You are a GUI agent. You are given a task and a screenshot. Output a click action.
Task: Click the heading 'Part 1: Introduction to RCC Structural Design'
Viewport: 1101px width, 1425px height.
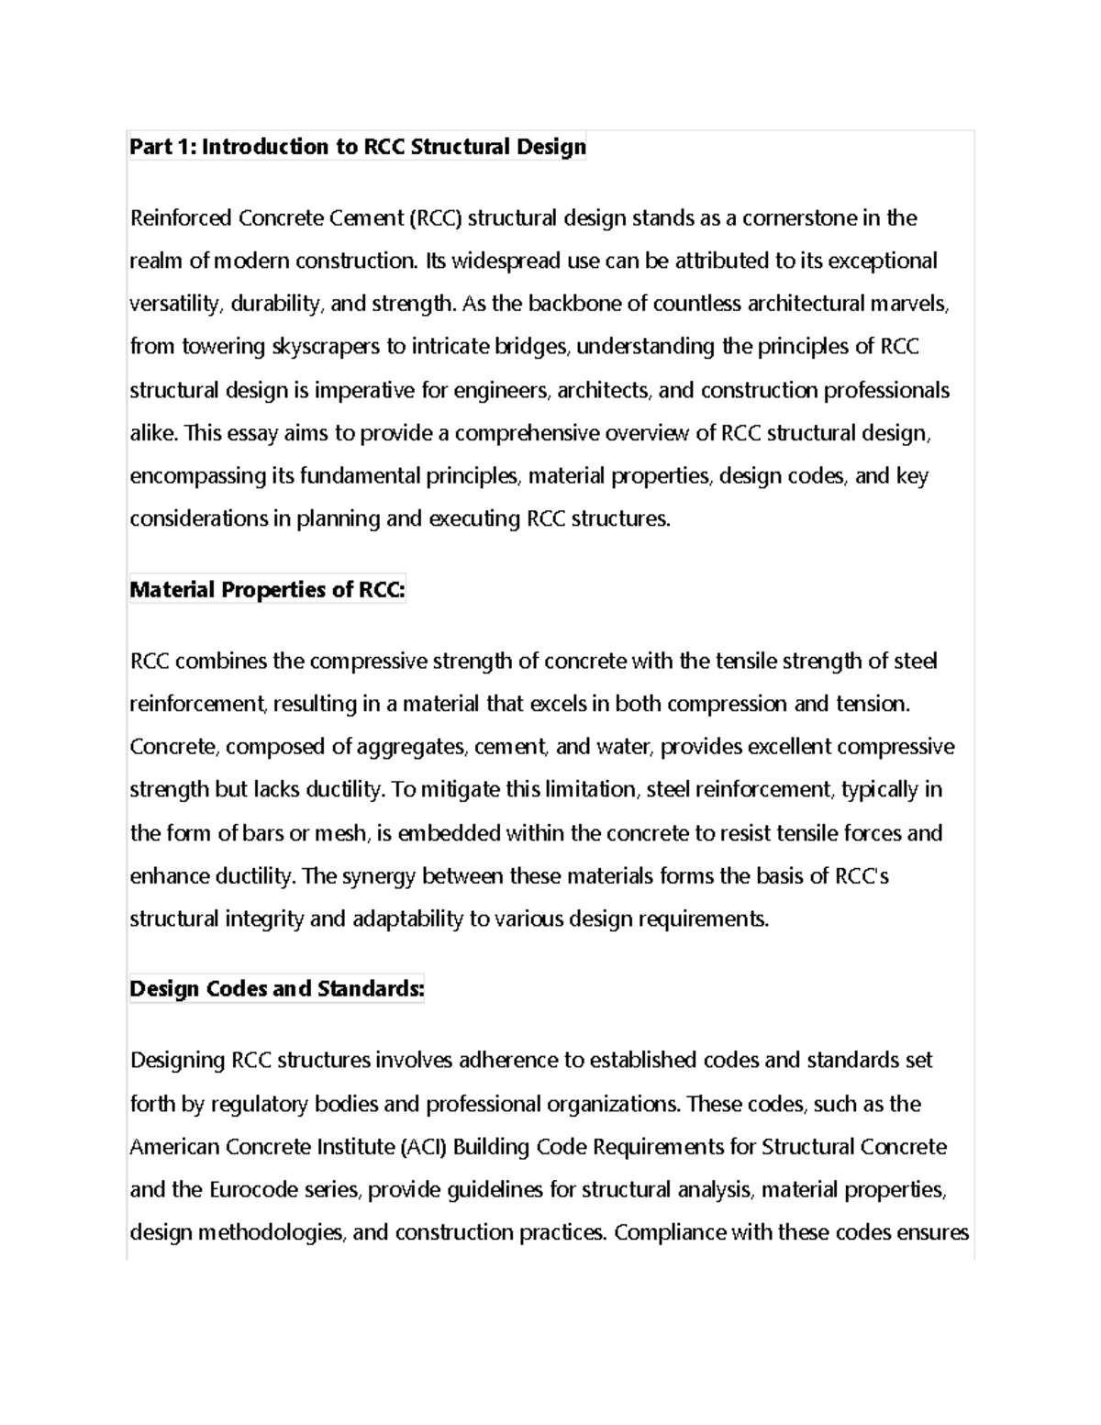pyautogui.click(x=358, y=147)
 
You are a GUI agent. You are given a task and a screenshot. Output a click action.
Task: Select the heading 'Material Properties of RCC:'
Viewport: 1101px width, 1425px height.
pyautogui.click(x=267, y=590)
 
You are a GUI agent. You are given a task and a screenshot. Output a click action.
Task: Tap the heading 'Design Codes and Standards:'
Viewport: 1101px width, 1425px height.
pyautogui.click(x=277, y=989)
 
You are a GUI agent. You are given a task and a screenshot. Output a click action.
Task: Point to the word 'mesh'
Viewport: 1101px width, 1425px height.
pyautogui.click(x=340, y=833)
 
